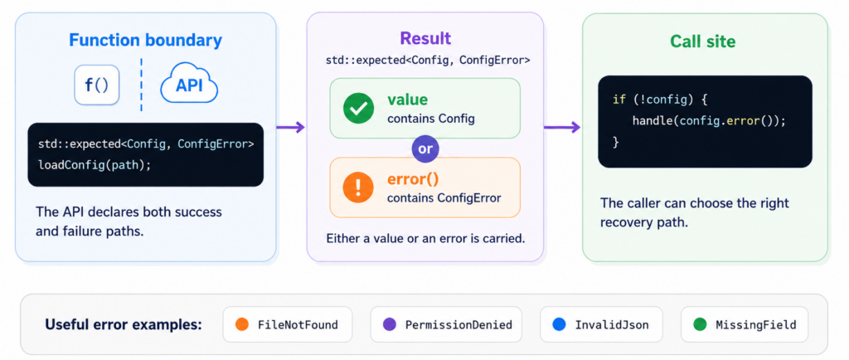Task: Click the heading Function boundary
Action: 145,41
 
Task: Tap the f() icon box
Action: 96,85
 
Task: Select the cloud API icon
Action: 189,85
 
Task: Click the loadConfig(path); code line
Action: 95,164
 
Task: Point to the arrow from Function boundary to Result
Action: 291,127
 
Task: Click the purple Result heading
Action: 425,38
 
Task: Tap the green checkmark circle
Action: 358,109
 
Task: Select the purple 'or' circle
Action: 425,148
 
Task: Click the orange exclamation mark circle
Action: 358,187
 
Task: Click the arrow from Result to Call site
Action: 562,127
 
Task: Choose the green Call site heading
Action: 702,41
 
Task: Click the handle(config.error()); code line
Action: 709,121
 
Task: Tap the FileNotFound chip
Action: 288,325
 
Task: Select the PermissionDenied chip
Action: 446,325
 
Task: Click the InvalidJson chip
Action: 601,325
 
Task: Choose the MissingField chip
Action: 745,325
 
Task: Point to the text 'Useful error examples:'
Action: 124,325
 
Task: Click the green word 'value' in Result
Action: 407,100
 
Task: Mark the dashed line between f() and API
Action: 141,85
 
